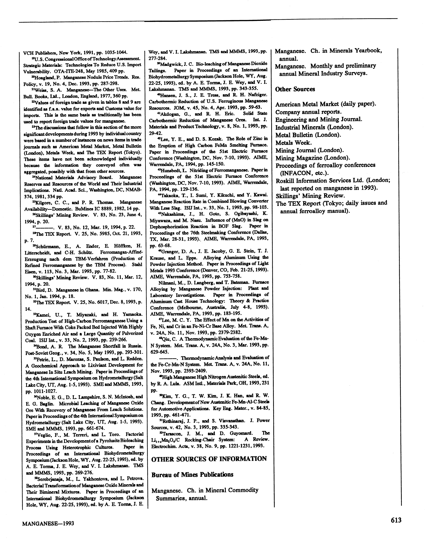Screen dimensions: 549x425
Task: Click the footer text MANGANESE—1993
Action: click(48, 524)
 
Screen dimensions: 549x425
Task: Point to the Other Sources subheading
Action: click(295, 89)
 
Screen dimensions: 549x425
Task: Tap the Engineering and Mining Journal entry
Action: click(319, 119)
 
